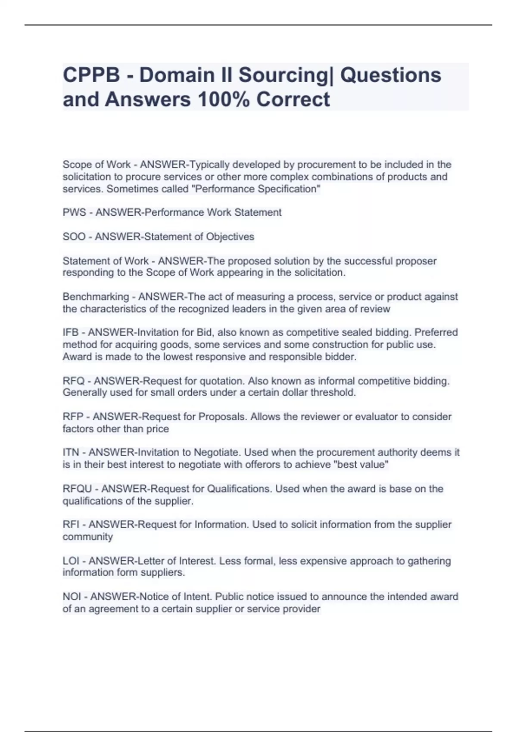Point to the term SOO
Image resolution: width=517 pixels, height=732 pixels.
74,237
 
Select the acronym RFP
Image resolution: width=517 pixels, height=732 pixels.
73,417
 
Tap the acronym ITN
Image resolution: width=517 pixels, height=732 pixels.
71,453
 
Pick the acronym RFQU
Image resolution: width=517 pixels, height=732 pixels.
77,489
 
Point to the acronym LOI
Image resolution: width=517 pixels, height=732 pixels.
71,561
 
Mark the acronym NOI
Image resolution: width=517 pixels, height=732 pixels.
72,597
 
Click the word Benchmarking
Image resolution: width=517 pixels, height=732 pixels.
96,297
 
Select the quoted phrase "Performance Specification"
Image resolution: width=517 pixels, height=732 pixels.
258,189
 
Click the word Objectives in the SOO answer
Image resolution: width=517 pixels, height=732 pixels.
230,237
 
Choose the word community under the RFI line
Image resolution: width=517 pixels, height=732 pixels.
88,537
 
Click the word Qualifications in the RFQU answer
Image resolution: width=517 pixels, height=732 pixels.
239,489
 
